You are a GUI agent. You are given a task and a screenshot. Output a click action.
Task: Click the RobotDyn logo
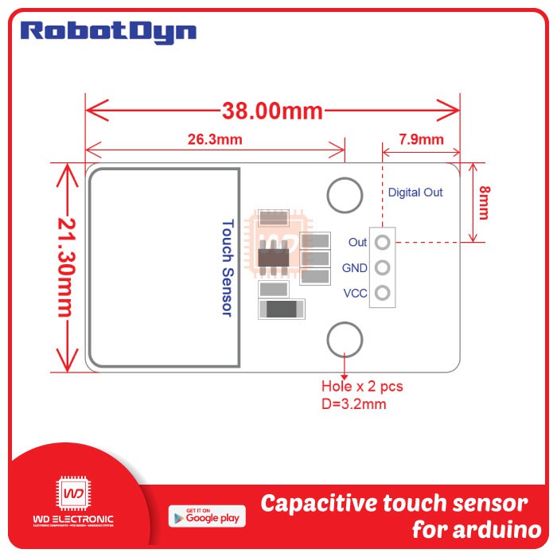coord(108,32)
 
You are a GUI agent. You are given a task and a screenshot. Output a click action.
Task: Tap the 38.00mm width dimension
coord(272,111)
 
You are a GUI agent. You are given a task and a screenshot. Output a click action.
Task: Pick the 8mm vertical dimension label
coord(484,203)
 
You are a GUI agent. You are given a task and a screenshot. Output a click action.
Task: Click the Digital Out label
coord(415,192)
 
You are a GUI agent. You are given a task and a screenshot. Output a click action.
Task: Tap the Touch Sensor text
coord(227,268)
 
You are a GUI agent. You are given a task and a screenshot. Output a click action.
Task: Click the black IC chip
coord(273,257)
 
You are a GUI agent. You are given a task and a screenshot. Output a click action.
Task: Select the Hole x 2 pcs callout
coord(362,387)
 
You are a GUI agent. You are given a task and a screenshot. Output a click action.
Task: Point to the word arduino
coord(493,530)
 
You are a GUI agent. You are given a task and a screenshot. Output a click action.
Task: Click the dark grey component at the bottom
coord(282,310)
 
